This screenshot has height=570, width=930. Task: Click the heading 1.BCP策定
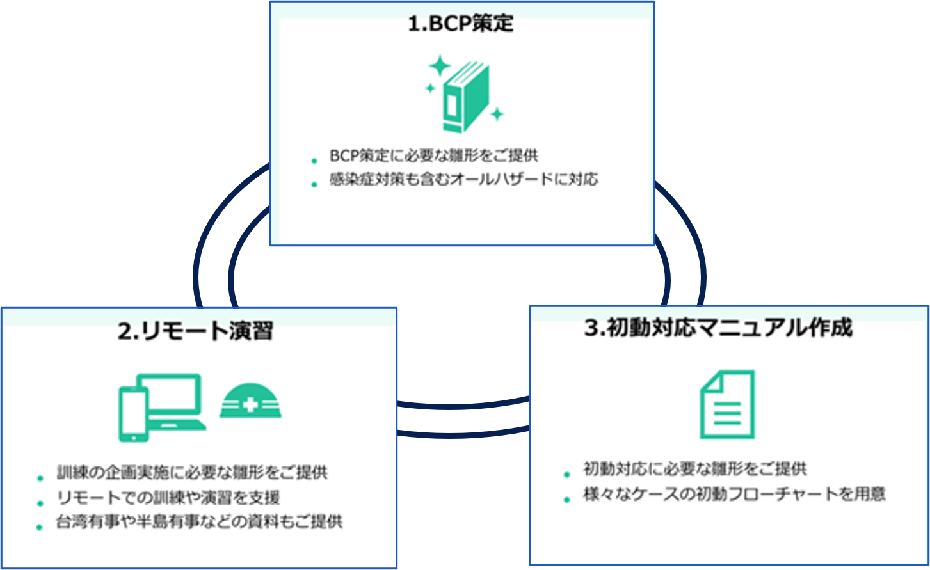461,24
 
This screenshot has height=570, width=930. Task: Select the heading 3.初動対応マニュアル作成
718,328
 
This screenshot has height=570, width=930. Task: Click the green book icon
465,98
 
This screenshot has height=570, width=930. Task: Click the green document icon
727,404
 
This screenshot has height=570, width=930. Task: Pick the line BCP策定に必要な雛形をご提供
433,155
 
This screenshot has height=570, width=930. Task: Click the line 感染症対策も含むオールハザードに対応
463,179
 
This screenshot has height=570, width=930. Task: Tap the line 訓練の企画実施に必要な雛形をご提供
192,473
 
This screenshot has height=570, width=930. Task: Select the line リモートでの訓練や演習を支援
168,497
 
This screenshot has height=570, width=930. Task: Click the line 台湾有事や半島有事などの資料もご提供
199,521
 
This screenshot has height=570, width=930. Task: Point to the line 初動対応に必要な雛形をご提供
694,469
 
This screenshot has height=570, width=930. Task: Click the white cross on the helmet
250,404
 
